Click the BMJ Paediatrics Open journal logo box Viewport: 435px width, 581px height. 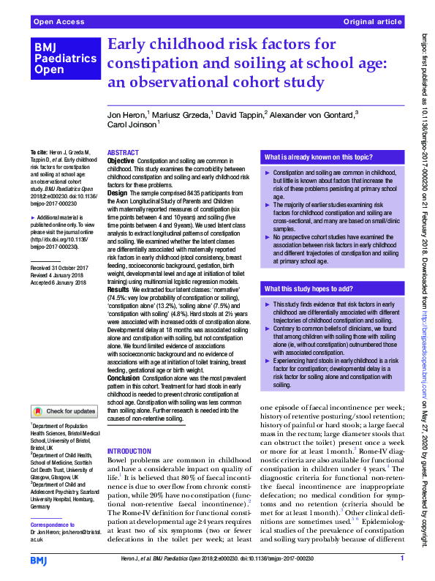pos(64,58)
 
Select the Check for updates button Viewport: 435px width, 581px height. pos(64,411)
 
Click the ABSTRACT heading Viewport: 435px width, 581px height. pos(123,152)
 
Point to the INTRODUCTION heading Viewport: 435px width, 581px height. pos(129,451)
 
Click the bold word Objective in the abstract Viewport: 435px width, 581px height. pos(121,160)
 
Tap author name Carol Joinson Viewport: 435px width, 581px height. pos(132,126)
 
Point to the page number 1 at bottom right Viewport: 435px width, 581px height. pos(402,559)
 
